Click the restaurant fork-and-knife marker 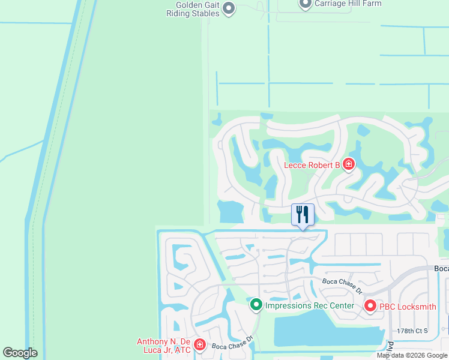(303, 214)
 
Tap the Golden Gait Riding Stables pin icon (228, 8)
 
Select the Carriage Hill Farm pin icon (305, 4)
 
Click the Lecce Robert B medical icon (349, 164)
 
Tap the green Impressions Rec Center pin (256, 305)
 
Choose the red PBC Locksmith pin (370, 307)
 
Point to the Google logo (20, 353)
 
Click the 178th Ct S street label (411, 331)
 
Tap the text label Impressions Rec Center (309, 305)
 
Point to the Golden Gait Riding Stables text (188, 8)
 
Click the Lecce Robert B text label (312, 164)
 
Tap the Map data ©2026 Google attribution (412, 355)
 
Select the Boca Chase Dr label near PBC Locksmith (342, 285)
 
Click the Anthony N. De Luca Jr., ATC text (163, 346)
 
